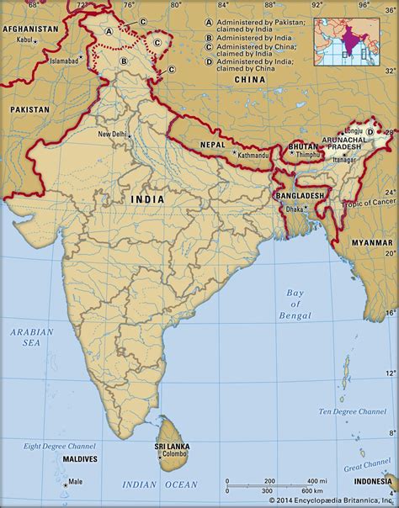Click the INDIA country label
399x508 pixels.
(x=148, y=199)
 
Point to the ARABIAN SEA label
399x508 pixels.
(x=32, y=337)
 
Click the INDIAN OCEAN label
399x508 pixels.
(x=161, y=486)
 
